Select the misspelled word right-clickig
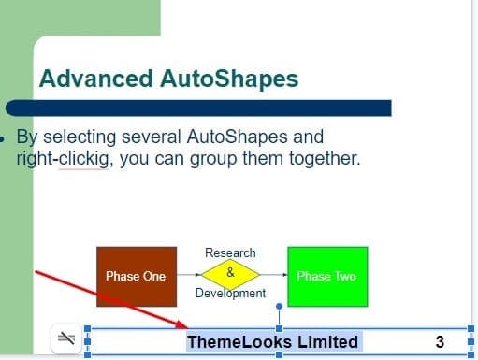65,158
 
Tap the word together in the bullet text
320,158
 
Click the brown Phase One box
136,276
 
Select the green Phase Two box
326,276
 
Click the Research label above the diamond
230,252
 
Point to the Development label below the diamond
230,294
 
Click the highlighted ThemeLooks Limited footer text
272,341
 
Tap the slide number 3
439,341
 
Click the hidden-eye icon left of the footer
66,339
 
